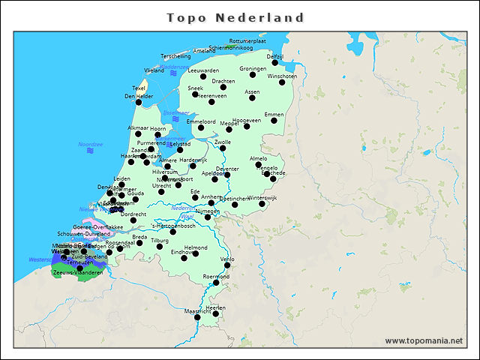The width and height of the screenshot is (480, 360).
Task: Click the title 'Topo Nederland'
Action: tap(235, 17)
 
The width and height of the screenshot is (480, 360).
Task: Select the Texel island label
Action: tap(139, 88)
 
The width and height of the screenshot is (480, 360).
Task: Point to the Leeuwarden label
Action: tap(203, 70)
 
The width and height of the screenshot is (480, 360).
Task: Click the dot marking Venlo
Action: tap(227, 265)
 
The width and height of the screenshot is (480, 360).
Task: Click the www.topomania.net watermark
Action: tap(424, 340)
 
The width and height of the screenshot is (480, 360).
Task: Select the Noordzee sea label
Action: tap(90, 143)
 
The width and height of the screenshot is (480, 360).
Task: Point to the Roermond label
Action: tap(216, 276)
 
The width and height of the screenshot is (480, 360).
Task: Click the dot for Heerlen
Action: tap(215, 314)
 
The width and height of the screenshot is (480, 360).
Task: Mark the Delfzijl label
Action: tap(275, 56)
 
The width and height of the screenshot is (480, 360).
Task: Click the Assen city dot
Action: tap(252, 98)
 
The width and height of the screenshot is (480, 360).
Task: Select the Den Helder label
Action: tap(139, 96)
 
